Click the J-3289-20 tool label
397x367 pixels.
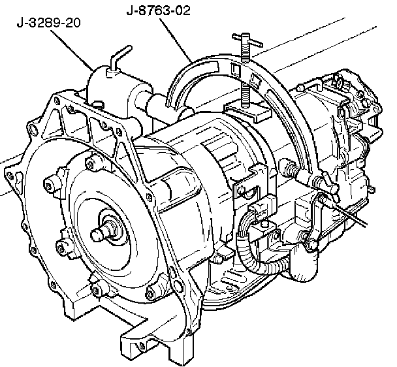pos(48,23)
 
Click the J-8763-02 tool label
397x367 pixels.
pos(158,11)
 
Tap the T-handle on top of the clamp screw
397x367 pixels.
pos(247,40)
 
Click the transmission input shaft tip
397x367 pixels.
pos(97,234)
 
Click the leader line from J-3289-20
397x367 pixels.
pos(72,50)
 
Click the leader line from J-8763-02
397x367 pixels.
pos(176,40)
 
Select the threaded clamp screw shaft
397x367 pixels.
pos(246,76)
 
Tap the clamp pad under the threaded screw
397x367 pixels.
pos(247,110)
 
